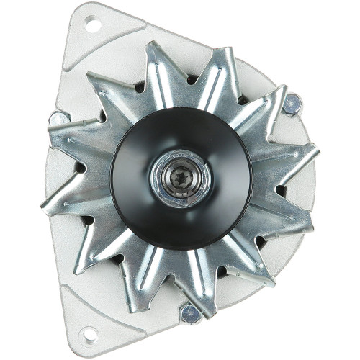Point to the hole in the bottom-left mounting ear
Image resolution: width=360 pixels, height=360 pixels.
point(89,333)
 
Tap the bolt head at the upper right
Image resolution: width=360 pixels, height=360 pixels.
point(291,105)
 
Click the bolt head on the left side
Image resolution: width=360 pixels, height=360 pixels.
point(57,120)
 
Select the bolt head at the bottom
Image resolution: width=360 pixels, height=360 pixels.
point(190,313)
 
